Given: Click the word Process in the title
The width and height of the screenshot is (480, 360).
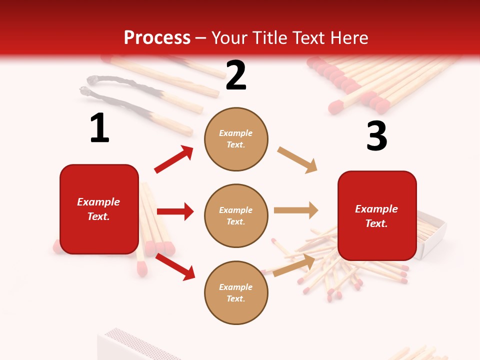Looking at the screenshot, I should (157, 38).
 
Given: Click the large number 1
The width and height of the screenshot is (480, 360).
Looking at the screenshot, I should (99, 128).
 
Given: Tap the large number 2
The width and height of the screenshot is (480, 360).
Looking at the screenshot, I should (236, 75).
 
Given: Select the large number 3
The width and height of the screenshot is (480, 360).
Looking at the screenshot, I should (376, 136).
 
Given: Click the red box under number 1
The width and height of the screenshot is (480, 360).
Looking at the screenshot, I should (99, 209).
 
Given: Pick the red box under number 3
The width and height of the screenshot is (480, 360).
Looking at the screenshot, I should (377, 215).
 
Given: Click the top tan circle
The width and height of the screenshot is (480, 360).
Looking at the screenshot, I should (236, 139).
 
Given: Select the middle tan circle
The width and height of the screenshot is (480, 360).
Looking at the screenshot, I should (236, 215).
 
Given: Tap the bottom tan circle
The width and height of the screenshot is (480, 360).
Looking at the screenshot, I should (236, 292).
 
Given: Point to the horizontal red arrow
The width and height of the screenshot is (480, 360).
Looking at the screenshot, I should (175, 211).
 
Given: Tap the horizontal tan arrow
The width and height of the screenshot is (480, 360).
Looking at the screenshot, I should (296, 210).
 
